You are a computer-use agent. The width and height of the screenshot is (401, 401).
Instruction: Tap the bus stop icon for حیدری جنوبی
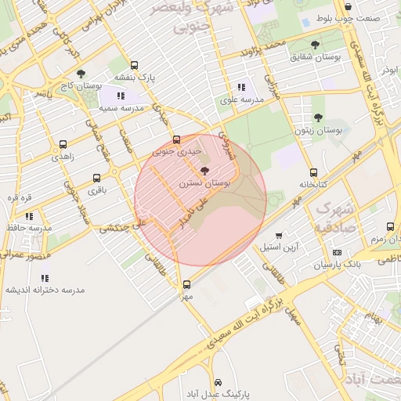pyautogui.click(x=176, y=141)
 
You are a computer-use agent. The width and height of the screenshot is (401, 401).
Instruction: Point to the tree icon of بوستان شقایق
pyautogui.click(x=315, y=45)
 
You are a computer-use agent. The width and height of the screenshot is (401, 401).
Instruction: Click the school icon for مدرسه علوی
pyautogui.click(x=240, y=87)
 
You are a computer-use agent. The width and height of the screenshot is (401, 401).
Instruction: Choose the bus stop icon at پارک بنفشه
pyautogui.click(x=135, y=66)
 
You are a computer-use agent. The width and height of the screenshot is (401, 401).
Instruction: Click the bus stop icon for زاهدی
pyautogui.click(x=63, y=144)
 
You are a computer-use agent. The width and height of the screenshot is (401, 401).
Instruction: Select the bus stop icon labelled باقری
pyautogui.click(x=96, y=178)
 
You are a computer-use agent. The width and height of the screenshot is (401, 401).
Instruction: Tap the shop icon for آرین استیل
pyautogui.click(x=279, y=235)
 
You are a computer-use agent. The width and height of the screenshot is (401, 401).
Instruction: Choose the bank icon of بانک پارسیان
pyautogui.click(x=337, y=252)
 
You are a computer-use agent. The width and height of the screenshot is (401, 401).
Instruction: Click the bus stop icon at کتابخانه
pyautogui.click(x=313, y=172)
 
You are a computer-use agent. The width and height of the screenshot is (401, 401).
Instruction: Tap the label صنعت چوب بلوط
pyautogui.click(x=359, y=17)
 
